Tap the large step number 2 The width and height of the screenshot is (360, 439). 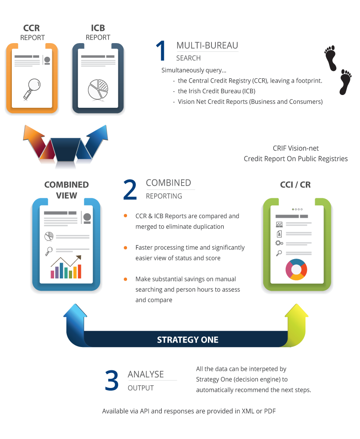(x=130, y=189)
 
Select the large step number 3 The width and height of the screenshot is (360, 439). (x=112, y=380)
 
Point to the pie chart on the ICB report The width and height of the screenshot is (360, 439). (x=98, y=88)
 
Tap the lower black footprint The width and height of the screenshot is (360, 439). (x=345, y=82)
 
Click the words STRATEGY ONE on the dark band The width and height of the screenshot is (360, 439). (x=188, y=340)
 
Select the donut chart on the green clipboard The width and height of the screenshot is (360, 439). (x=296, y=269)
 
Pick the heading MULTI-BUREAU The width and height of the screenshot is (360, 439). (x=207, y=46)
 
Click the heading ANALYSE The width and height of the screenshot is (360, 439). (x=145, y=374)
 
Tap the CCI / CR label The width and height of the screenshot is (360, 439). (x=295, y=185)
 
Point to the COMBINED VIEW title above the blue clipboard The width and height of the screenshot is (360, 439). (x=66, y=190)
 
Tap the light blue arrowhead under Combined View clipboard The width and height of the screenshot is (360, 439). (x=75, y=315)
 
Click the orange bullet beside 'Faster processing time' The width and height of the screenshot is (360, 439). (x=126, y=247)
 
